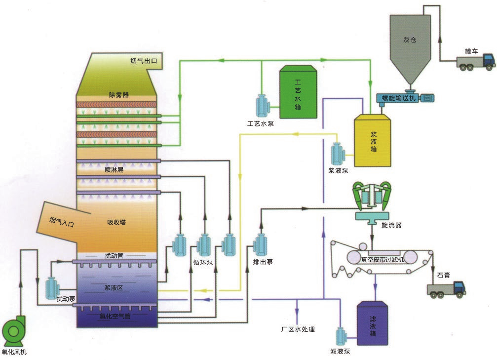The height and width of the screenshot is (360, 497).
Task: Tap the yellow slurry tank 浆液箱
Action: tap(373, 140)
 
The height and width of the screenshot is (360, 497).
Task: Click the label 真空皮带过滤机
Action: tap(383, 259)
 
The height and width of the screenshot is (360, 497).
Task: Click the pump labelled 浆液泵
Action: tap(338, 155)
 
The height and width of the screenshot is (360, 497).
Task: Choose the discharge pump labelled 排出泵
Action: tap(260, 244)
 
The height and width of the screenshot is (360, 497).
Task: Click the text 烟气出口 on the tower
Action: tap(143, 61)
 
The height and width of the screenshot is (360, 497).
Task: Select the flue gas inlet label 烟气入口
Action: tap(62, 222)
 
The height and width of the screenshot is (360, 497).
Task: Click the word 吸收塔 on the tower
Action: tap(116, 222)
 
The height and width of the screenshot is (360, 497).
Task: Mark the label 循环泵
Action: tap(203, 262)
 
